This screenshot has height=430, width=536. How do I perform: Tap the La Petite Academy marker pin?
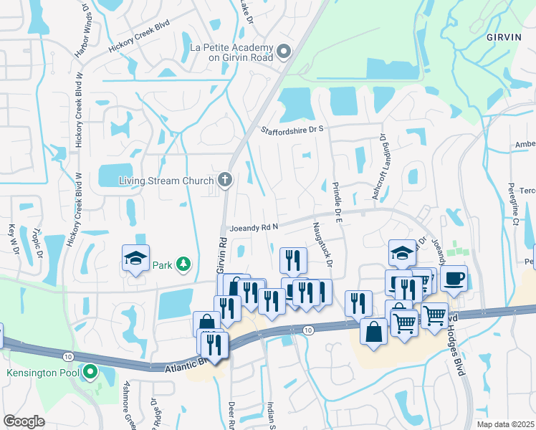tap(284, 52)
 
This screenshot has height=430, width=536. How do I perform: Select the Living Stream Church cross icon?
tap(226, 179)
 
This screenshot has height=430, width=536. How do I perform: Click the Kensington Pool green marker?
tap(90, 372)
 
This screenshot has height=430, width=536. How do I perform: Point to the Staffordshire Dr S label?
tap(292, 129)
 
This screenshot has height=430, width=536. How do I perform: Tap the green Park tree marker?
tap(184, 264)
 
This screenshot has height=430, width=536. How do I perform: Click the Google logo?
tap(24, 421)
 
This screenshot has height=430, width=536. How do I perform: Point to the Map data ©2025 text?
tap(505, 424)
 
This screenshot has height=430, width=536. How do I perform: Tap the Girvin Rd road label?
tap(221, 254)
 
